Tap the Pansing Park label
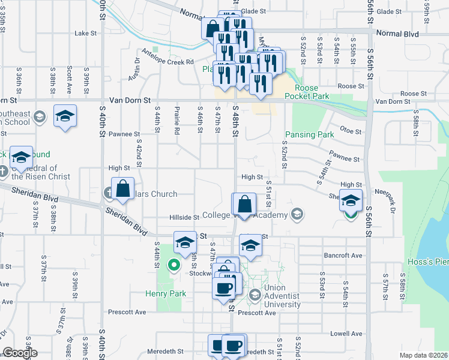(309, 134)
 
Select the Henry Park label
(166, 293)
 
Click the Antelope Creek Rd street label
(168, 61)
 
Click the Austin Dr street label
(133, 69)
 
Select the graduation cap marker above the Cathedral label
(22, 158)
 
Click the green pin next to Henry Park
(175, 263)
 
